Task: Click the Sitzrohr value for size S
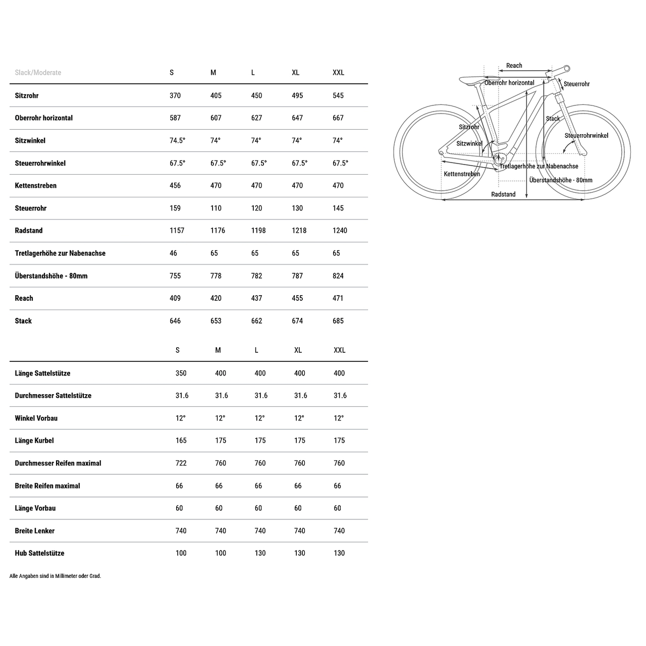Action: [x=175, y=95]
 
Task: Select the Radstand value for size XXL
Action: [x=340, y=231]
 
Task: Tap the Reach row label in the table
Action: [x=24, y=298]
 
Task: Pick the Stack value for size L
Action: [x=256, y=321]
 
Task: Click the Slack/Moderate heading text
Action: [x=38, y=73]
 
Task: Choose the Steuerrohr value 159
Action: [x=175, y=208]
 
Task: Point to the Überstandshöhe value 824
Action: [x=338, y=276]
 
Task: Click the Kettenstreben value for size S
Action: [x=175, y=186]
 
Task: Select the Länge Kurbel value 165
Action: [x=181, y=441]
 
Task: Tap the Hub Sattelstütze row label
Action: [x=39, y=553]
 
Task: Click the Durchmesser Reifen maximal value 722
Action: [x=181, y=463]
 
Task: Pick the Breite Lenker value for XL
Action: [x=300, y=531]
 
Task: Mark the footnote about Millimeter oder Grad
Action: [x=55, y=576]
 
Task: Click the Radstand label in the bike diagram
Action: [x=503, y=194]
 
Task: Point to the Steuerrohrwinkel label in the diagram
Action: [x=586, y=136]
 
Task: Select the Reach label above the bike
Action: [x=514, y=66]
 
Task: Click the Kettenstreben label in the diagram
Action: [x=462, y=174]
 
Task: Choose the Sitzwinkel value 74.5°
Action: [x=177, y=141]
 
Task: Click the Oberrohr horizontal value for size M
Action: [x=216, y=118]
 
